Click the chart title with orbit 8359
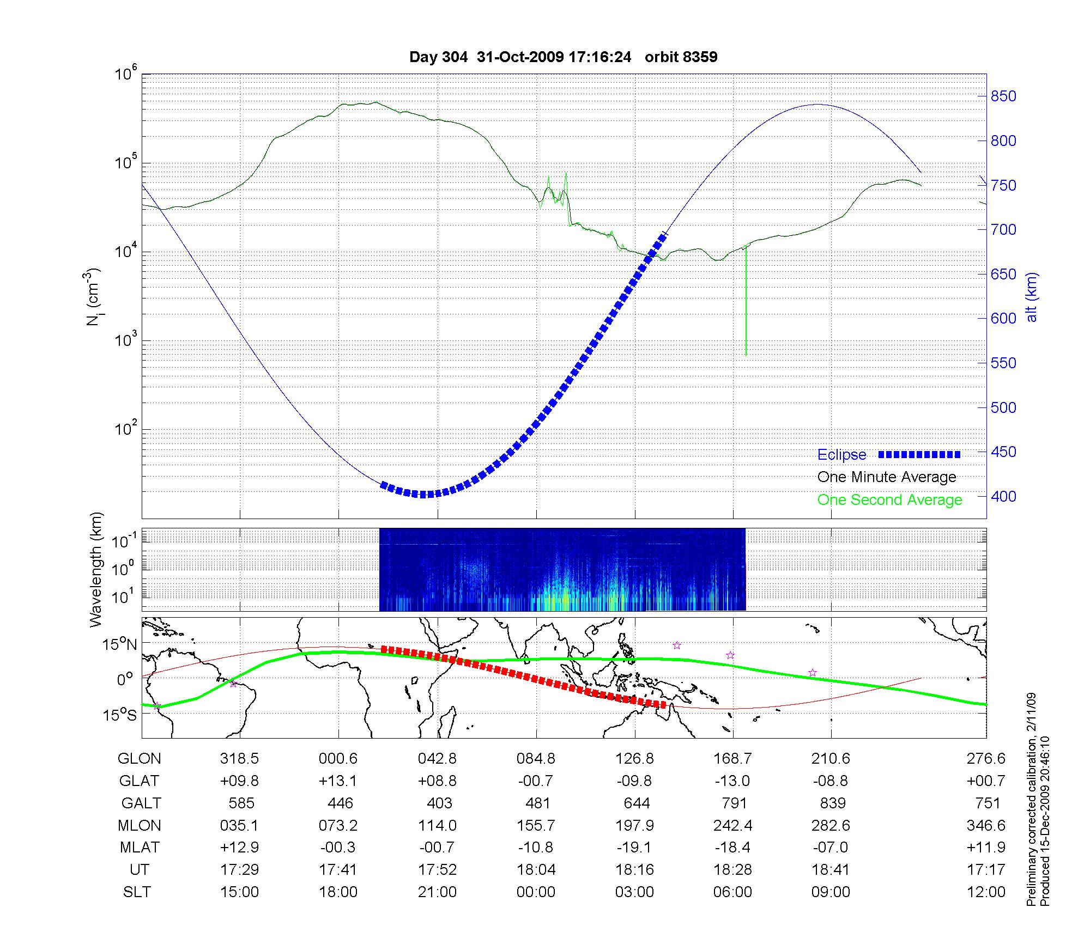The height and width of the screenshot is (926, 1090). click(x=563, y=57)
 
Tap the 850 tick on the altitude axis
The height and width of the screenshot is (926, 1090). click(x=1003, y=96)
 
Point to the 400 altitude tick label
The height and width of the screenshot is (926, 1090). click(x=1003, y=496)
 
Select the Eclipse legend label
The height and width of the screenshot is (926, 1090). click(x=841, y=455)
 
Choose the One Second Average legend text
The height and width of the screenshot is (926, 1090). click(x=889, y=500)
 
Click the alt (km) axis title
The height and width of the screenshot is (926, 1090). click(x=1032, y=297)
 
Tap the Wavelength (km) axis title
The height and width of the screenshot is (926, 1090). click(x=96, y=569)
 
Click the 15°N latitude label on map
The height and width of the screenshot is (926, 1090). click(x=120, y=645)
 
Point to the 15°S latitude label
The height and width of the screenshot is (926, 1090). click(x=120, y=715)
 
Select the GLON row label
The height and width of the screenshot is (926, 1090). click(x=140, y=759)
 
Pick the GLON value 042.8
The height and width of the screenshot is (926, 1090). click(x=437, y=759)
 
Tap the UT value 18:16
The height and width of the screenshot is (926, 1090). click(x=635, y=870)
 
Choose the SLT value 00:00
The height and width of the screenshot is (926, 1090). click(x=536, y=892)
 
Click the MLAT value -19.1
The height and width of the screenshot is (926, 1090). click(x=634, y=848)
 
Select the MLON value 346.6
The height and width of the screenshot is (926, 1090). click(x=986, y=826)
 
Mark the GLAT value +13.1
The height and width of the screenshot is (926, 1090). click(x=338, y=781)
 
